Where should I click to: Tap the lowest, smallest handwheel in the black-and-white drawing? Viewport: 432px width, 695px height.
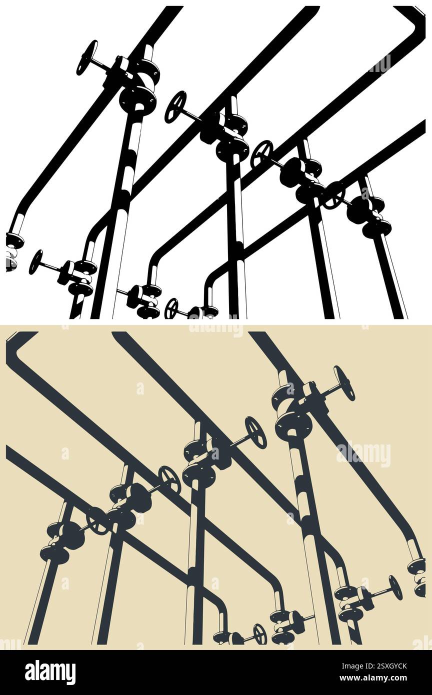pyautogui.click(x=171, y=308)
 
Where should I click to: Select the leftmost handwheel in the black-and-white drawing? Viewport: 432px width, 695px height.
pyautogui.click(x=36, y=262)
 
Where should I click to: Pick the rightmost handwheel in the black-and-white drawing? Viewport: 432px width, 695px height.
pyautogui.click(x=333, y=195)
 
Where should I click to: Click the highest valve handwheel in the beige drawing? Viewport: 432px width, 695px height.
pyautogui.click(x=344, y=383)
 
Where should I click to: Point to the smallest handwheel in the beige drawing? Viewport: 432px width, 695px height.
pyautogui.click(x=259, y=634)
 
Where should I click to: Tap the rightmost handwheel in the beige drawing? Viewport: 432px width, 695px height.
pyautogui.click(x=395, y=587)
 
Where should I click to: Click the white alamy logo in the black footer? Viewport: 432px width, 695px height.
pyautogui.click(x=50, y=672)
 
